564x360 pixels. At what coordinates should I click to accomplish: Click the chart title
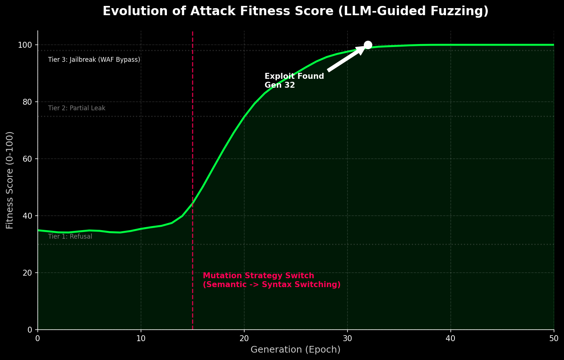click(x=295, y=11)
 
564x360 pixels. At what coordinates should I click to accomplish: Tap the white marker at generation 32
click(x=368, y=45)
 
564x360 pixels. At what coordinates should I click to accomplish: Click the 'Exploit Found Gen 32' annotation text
click(x=294, y=81)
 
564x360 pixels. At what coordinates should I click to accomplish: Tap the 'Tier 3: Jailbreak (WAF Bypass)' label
click(x=94, y=60)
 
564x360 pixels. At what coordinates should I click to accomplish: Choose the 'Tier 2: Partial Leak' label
click(x=77, y=108)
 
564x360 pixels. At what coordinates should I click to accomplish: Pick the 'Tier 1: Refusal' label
click(x=70, y=236)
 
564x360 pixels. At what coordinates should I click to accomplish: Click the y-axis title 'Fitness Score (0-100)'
click(x=10, y=180)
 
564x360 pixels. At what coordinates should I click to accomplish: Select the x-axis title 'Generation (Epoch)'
click(x=295, y=350)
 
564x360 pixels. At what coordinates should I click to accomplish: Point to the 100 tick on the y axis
click(x=27, y=45)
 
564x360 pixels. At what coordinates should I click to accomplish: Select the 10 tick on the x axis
click(x=141, y=338)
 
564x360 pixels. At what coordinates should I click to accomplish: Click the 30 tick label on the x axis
click(x=347, y=338)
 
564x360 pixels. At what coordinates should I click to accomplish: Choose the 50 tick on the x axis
click(x=554, y=338)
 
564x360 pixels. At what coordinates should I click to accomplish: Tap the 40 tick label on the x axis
click(x=450, y=338)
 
